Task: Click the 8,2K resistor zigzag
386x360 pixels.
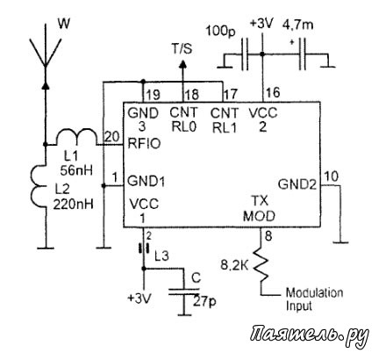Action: coord(261,264)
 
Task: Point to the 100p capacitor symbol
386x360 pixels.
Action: coord(245,54)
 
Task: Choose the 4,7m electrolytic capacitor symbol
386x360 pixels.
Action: coord(303,54)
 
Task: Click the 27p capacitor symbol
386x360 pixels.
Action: coord(184,292)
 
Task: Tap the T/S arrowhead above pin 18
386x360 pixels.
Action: coord(182,64)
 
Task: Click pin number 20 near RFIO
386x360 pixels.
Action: coord(112,137)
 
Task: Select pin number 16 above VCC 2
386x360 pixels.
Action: coord(273,93)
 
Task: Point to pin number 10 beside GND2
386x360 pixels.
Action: coord(332,176)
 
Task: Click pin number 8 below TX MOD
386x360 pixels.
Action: coord(268,236)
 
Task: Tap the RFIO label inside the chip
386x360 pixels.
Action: coord(144,144)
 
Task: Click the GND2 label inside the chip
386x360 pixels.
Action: coord(297,184)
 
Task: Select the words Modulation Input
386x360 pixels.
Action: coord(314,299)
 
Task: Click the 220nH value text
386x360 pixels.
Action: coord(74,204)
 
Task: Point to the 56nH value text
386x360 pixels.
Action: coord(76,170)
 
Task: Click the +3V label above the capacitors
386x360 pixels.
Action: coord(261,24)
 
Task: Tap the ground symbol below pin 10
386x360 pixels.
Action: coord(340,242)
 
